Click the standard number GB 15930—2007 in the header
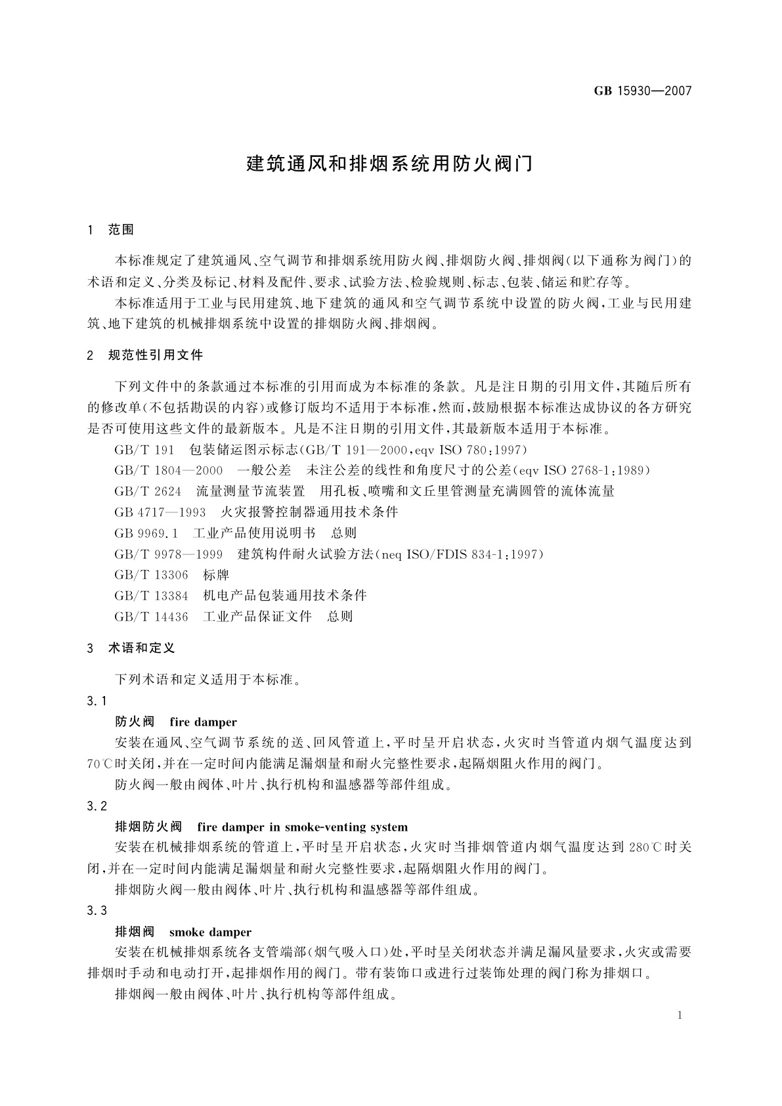pos(643,91)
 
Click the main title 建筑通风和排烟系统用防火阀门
pos(390,164)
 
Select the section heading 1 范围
pos(110,230)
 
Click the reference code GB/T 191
pos(144,450)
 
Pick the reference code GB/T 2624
pos(148,491)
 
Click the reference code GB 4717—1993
pos(160,512)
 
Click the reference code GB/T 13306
pos(151,575)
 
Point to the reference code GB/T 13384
pos(151,596)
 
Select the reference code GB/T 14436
pos(151,617)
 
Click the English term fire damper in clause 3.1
pos(203,722)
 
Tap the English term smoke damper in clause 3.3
pos(210,932)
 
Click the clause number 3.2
pos(96,806)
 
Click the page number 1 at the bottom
pos(680,1015)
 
